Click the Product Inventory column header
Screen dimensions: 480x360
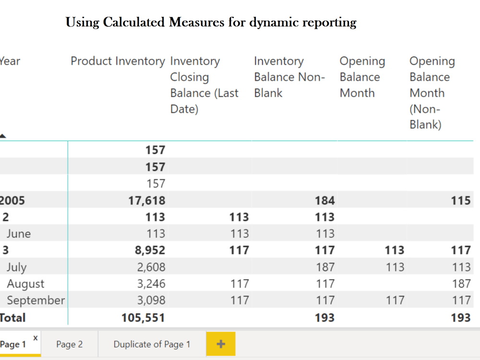click(x=118, y=61)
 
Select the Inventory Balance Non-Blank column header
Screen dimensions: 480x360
click(x=289, y=77)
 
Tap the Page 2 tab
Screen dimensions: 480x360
click(x=70, y=344)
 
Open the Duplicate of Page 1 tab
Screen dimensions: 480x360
click(x=152, y=344)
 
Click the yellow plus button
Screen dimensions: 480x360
click(x=221, y=344)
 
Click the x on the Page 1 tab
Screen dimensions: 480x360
click(x=36, y=338)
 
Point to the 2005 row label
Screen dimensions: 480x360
click(x=12, y=201)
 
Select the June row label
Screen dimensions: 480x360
click(x=19, y=234)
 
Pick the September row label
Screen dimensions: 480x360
click(x=36, y=300)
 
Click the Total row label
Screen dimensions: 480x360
click(x=12, y=318)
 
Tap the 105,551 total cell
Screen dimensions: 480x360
click(x=143, y=318)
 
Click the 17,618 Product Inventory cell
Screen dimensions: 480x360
click(x=146, y=201)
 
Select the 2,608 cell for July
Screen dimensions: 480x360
click(x=151, y=267)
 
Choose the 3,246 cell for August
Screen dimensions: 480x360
click(x=151, y=284)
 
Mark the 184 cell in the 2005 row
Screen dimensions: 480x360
click(x=325, y=201)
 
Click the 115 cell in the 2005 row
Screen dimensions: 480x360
click(x=461, y=201)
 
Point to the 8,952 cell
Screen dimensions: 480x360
click(x=150, y=250)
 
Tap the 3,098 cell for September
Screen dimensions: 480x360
click(x=151, y=300)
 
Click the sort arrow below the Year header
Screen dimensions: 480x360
click(x=2, y=136)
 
